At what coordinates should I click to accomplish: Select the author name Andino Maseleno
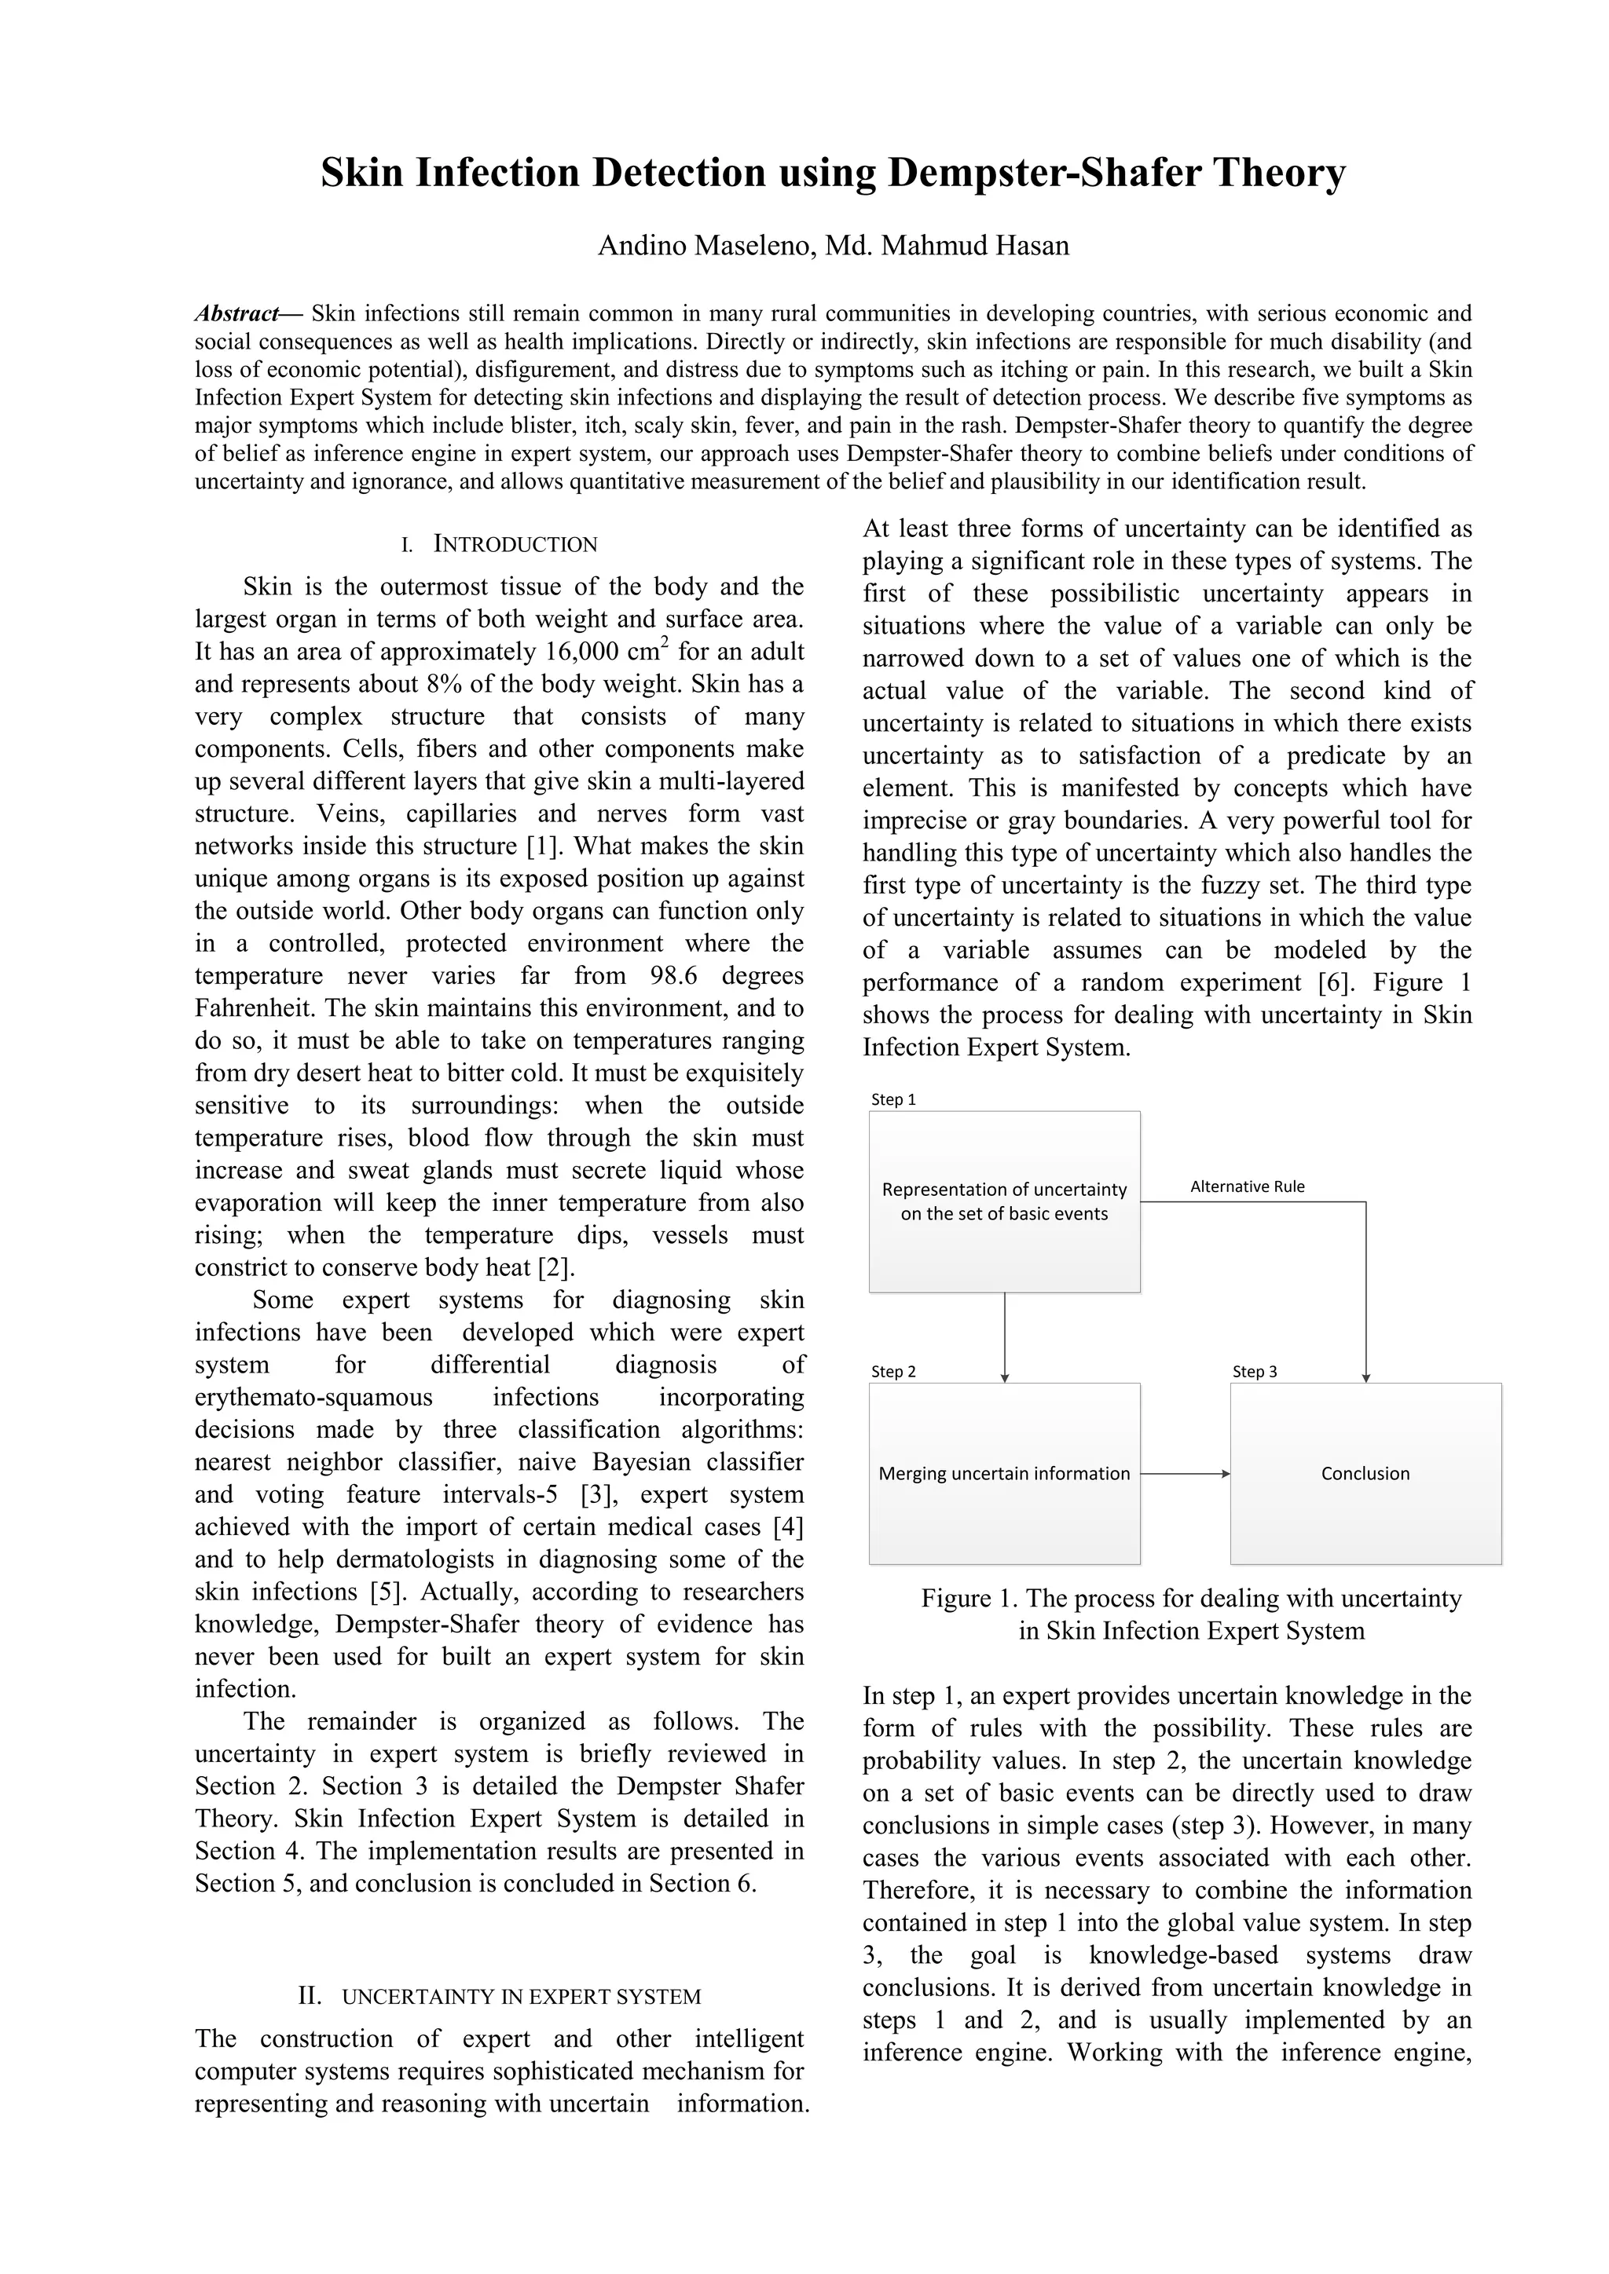point(705,246)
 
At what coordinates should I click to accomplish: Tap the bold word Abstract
point(236,314)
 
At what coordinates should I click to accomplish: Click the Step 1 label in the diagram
point(892,1099)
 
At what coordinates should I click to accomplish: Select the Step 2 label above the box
point(892,1372)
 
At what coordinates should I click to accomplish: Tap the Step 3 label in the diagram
point(1255,1372)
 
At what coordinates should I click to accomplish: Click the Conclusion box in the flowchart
point(1365,1474)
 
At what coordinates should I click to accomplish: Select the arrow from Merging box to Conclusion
point(1185,1474)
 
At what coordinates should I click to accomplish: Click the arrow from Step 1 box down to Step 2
point(1005,1337)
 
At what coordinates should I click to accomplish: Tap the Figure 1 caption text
point(1191,1614)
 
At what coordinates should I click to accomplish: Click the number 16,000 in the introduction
point(585,652)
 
